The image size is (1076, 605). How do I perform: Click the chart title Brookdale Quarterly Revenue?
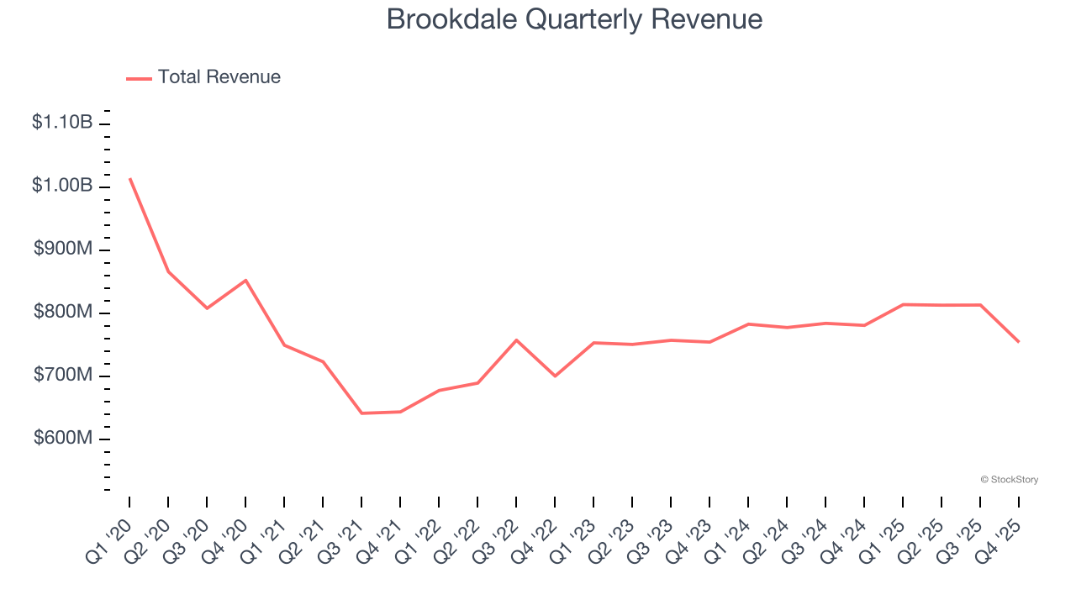click(x=574, y=19)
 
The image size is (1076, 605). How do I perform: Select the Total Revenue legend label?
click(x=219, y=77)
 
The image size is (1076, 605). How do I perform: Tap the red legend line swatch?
click(x=139, y=78)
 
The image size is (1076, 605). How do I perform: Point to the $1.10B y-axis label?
click(x=62, y=123)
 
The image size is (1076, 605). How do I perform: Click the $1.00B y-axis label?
click(x=62, y=186)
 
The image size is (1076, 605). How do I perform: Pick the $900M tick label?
click(x=63, y=250)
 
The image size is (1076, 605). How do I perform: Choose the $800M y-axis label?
click(x=63, y=313)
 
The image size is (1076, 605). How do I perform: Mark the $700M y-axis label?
click(x=63, y=375)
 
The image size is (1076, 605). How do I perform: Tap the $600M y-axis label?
click(x=63, y=439)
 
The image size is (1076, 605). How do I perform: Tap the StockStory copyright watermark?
click(x=1009, y=480)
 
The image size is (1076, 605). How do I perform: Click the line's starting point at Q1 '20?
click(x=130, y=178)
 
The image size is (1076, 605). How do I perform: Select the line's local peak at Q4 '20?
click(x=245, y=280)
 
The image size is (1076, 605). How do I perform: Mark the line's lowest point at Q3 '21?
click(x=361, y=413)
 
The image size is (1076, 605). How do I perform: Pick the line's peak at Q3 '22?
click(x=516, y=339)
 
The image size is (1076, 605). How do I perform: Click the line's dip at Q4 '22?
click(x=555, y=376)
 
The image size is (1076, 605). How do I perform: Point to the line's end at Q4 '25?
click(x=1019, y=342)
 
